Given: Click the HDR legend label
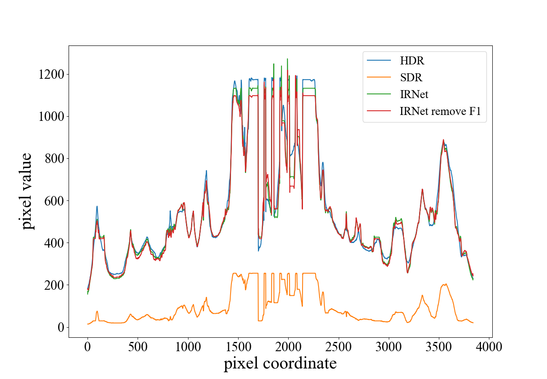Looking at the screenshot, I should coord(412,61).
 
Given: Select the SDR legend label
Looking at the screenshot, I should coord(411,78).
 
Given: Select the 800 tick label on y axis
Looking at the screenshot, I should coord(54,159).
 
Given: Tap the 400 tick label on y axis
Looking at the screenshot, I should coord(54,243).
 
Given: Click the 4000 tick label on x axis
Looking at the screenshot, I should coord(489,347).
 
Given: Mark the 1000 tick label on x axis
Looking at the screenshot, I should coord(188,347).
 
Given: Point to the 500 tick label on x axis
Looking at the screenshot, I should coord(138,347).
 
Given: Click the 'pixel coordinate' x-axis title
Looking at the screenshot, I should coord(280,363).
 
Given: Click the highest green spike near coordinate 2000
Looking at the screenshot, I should coord(287,59).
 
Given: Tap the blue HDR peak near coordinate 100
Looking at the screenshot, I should coord(97,206).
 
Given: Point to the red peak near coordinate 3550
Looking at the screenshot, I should coord(443,140).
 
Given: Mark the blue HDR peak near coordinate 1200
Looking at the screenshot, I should coord(206,171).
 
